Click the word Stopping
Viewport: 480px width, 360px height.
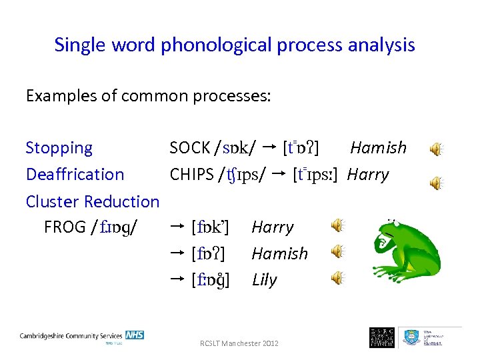pos(59,148)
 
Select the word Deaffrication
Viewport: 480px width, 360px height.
pos(75,175)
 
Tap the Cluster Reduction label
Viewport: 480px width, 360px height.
pos(92,201)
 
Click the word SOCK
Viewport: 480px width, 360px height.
pos(190,148)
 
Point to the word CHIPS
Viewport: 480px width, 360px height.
pos(191,175)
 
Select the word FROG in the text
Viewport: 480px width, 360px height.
pos(65,227)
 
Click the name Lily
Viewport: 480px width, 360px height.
pos(264,280)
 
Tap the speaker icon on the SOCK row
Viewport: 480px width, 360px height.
pos(435,149)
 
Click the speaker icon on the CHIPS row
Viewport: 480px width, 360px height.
pos(435,181)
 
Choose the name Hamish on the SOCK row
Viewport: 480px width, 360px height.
pos(378,148)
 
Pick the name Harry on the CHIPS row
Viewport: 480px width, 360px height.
pos(368,175)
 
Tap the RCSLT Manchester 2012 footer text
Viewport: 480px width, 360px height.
pos(239,343)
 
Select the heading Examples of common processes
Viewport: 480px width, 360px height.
pos(148,96)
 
